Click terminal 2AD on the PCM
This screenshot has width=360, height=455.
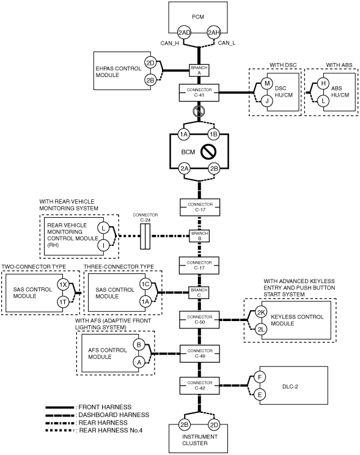click(184, 32)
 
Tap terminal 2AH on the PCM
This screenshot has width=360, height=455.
click(214, 32)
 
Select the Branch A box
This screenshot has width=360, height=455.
click(199, 70)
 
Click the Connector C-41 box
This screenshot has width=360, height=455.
click(199, 92)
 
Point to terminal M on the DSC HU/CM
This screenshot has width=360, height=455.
click(267, 84)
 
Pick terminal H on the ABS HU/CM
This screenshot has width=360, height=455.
click(323, 84)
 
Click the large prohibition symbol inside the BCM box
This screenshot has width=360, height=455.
click(208, 152)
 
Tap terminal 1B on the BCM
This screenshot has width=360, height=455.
click(214, 135)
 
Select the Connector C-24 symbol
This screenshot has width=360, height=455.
click(145, 236)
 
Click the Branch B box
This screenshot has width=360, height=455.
click(199, 236)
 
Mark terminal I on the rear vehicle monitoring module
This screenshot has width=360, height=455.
click(103, 245)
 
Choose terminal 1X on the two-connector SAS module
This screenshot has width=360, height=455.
click(63, 284)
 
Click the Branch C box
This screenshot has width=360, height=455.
click(199, 292)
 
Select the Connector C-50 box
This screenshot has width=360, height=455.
click(199, 319)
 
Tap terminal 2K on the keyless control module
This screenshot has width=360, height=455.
click(261, 313)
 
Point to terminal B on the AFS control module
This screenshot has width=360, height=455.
click(139, 345)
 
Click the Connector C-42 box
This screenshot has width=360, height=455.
click(200, 385)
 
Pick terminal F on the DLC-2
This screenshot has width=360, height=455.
click(260, 377)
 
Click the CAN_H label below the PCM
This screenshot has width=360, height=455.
click(170, 43)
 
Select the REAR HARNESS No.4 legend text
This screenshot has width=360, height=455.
click(111, 431)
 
